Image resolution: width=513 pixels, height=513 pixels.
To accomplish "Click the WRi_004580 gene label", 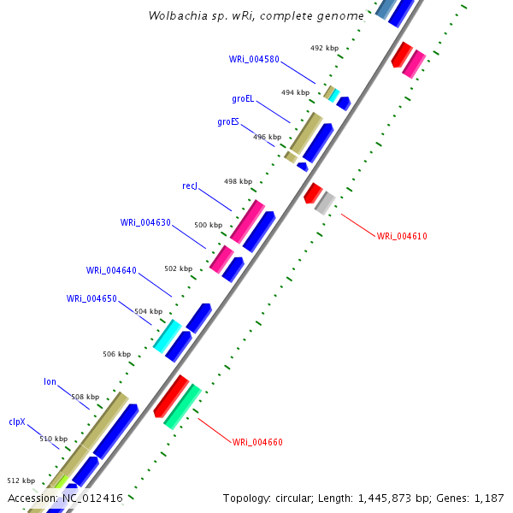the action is tap(254, 59).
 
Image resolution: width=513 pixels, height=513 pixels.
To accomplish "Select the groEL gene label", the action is tap(243, 98).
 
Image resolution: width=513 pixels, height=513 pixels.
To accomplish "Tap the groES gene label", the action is tap(228, 121).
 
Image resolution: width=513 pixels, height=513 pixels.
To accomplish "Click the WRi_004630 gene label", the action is tap(145, 222).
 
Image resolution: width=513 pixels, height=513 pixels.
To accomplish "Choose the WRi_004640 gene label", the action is tap(111, 270).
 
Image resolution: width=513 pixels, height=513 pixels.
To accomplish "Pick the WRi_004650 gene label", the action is tap(91, 298).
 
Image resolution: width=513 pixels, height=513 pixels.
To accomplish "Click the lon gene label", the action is tap(50, 381).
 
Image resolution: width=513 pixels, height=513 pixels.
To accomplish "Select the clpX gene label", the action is tap(18, 422).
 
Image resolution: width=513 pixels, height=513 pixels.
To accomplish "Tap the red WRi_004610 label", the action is tap(402, 236).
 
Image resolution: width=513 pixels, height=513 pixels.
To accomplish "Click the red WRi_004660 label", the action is tap(257, 442).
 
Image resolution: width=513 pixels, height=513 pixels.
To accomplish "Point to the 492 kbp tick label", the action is tap(323, 49).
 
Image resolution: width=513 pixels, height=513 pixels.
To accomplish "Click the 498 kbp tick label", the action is tap(238, 181).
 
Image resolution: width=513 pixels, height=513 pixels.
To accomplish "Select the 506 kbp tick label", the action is tap(116, 354).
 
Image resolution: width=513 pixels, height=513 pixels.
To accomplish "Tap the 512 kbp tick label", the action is tap(21, 481).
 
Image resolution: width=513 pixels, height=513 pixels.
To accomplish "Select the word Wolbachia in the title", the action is tap(176, 15).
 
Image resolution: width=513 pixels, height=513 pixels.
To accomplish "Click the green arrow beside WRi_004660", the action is tap(182, 406).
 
